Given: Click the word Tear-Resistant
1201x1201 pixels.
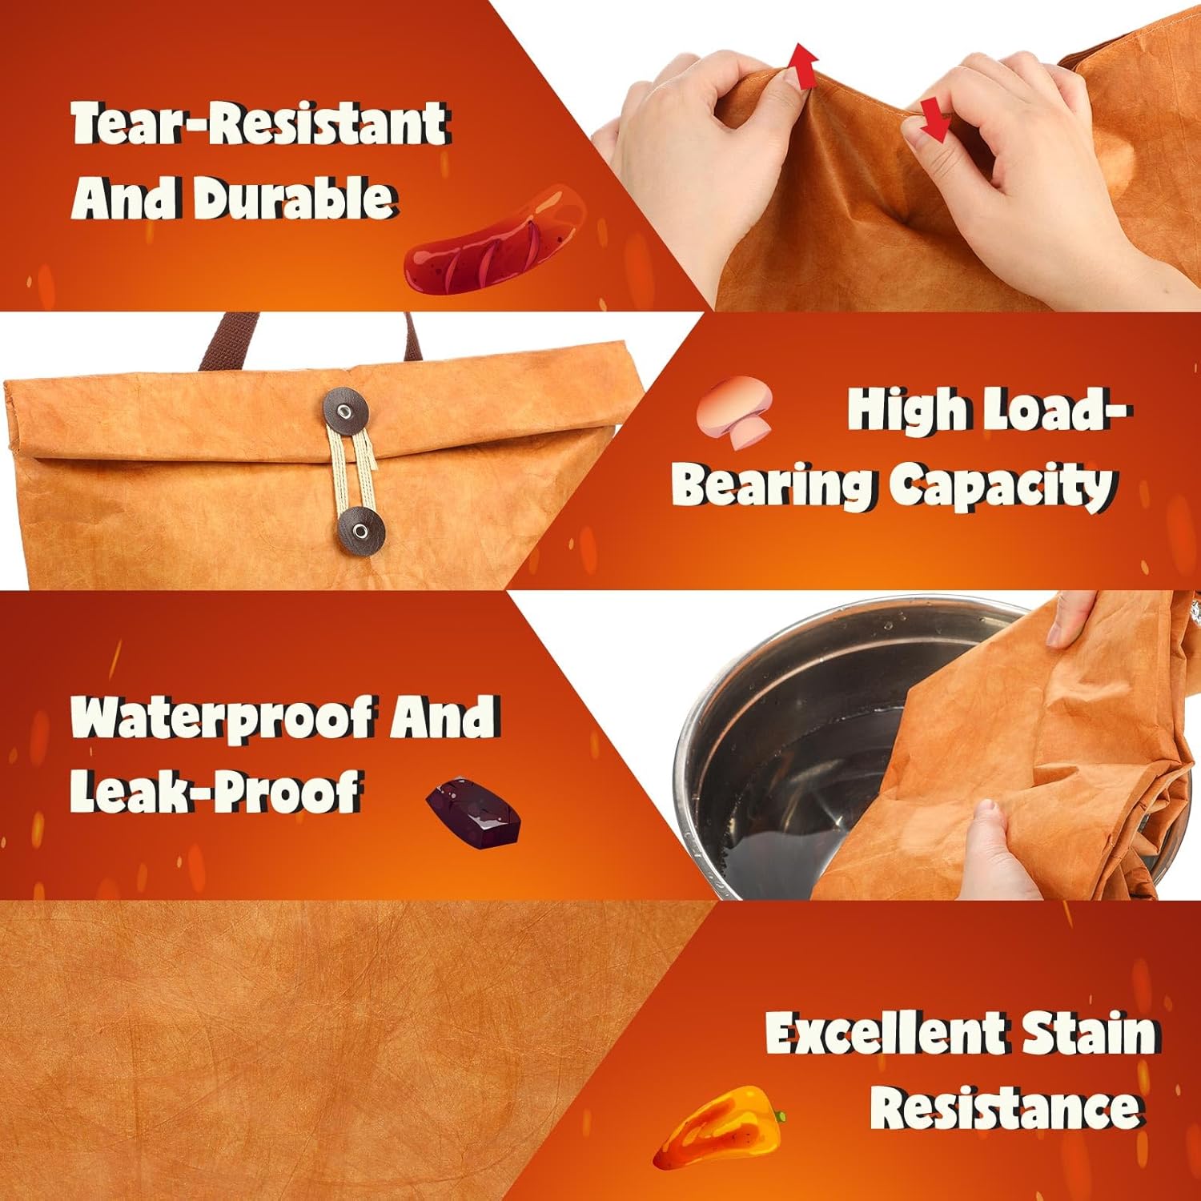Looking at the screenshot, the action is pyautogui.click(x=259, y=124).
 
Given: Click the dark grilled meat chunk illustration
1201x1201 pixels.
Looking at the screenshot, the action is pyautogui.click(x=472, y=813).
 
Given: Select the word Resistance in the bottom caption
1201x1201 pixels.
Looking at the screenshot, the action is pyautogui.click(x=1005, y=1108).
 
